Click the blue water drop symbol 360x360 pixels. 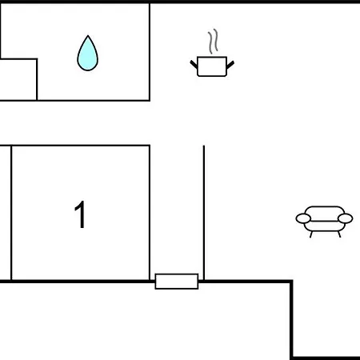point(87,54)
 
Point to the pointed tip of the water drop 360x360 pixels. point(88,35)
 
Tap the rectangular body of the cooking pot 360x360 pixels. point(212,66)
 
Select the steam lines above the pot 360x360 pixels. point(213,42)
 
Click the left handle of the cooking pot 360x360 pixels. point(194,64)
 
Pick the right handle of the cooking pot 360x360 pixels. point(230,64)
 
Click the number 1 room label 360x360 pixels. point(80,214)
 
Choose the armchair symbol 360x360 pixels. point(324,222)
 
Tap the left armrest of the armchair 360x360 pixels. point(303,218)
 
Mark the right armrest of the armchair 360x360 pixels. point(346,218)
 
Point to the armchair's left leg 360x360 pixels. point(311,234)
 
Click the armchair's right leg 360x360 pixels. point(339,234)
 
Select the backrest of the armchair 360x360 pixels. point(324,210)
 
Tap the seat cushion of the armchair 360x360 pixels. point(324,226)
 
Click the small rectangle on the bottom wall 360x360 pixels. point(177,282)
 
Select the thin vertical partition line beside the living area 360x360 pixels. point(204,213)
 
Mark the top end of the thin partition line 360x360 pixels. point(204,146)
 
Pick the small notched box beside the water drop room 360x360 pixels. point(18,79)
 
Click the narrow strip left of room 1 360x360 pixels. point(6,213)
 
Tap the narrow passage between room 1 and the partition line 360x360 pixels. point(177,210)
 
